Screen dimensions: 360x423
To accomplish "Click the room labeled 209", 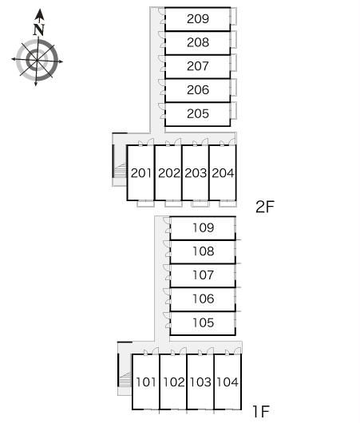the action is [197, 19].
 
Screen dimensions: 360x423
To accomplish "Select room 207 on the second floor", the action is [197, 66].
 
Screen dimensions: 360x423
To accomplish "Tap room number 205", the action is [197, 114].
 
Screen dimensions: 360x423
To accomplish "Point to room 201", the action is [140, 173].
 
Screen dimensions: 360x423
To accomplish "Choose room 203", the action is [196, 173].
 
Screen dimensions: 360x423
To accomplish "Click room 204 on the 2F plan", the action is [223, 173].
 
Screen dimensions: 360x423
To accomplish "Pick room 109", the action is [203, 228].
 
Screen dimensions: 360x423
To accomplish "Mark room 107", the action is [203, 275].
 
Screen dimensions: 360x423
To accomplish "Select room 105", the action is [203, 323].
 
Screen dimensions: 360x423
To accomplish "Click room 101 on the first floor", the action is [146, 381].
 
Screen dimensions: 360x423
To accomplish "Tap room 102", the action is [173, 381].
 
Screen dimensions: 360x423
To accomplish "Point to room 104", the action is [227, 381].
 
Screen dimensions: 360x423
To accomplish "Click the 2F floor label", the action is [265, 207].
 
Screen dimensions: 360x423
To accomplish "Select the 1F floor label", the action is [261, 411].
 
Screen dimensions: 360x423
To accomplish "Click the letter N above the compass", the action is [39, 30].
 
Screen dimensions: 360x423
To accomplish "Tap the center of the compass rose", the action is [37, 60].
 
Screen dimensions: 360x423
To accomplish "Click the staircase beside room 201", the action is [120, 171].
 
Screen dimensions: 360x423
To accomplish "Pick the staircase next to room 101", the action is [125, 379].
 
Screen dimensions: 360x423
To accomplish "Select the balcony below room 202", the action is [173, 204].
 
